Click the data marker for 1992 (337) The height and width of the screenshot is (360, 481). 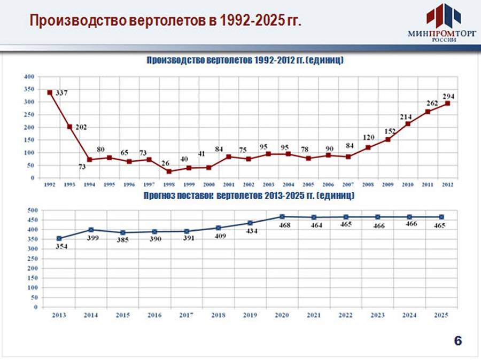pyautogui.click(x=50, y=92)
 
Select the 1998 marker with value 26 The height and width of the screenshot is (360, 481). pyautogui.click(x=169, y=171)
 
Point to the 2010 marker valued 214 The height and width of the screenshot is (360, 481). pyautogui.click(x=408, y=124)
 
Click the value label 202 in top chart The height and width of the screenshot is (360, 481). pyautogui.click(x=80, y=127)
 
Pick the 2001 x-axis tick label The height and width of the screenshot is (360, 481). pyautogui.click(x=228, y=185)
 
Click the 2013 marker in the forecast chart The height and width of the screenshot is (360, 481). pyautogui.click(x=59, y=239)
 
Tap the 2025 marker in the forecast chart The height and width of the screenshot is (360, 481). pyautogui.click(x=441, y=217)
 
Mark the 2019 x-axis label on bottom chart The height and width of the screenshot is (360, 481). pyautogui.click(x=250, y=316)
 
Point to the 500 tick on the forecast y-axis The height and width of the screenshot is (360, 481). pyautogui.click(x=32, y=210)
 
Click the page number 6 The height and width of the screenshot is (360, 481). pyautogui.click(x=458, y=340)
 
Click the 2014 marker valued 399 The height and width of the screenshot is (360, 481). pyautogui.click(x=91, y=230)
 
